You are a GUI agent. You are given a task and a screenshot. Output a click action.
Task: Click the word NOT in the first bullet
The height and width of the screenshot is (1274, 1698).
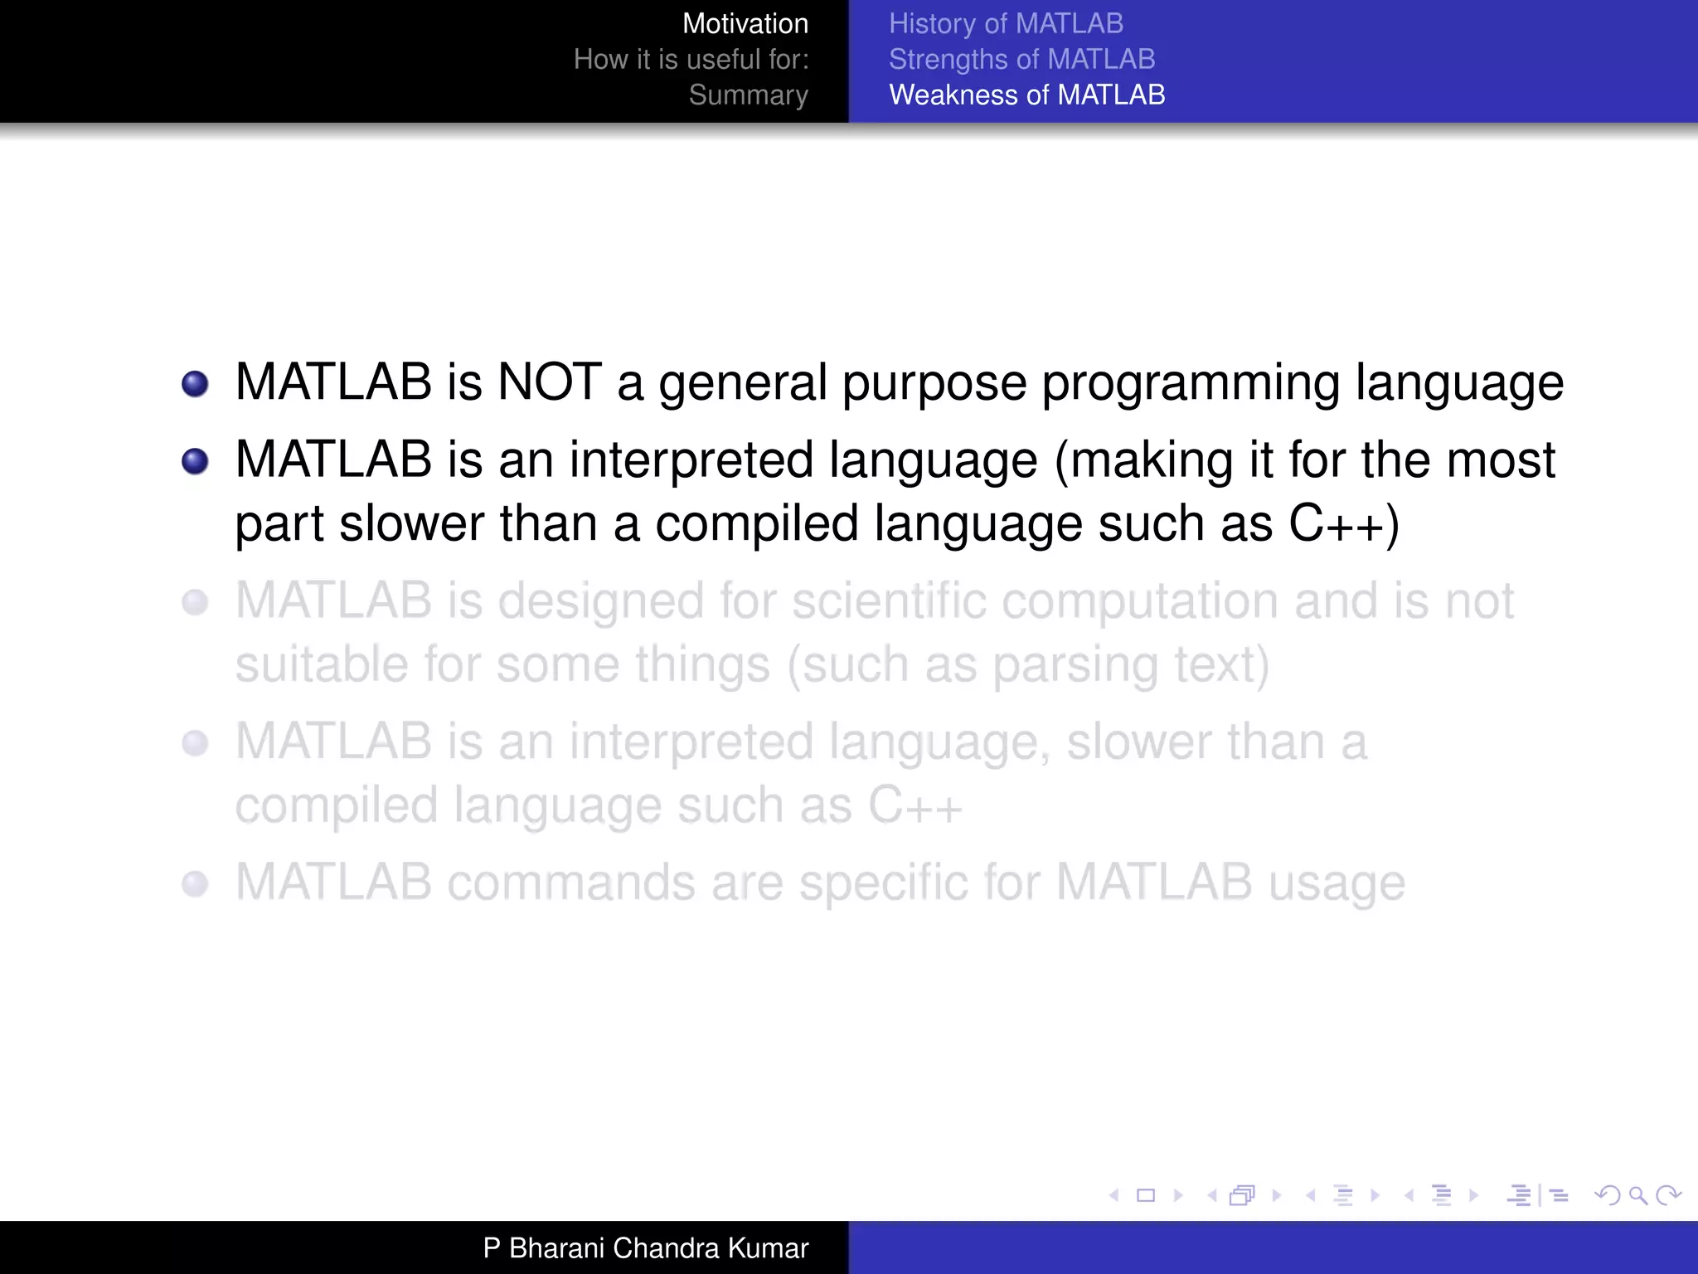pyautogui.click(x=549, y=382)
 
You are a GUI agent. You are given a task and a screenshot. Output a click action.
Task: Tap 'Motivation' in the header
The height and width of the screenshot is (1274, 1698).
pyautogui.click(x=745, y=24)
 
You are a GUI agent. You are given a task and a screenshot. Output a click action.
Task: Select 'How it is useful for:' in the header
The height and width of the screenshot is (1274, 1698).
pyautogui.click(x=691, y=60)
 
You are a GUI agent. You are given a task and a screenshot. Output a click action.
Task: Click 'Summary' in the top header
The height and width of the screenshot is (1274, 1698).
pyautogui.click(x=748, y=95)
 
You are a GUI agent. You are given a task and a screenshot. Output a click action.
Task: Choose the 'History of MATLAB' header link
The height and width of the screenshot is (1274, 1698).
pyautogui.click(x=1006, y=24)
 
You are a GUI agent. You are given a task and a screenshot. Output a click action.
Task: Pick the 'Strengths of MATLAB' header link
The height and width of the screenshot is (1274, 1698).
pyautogui.click(x=1021, y=60)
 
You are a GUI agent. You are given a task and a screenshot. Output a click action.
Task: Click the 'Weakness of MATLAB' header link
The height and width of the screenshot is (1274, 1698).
pyautogui.click(x=1026, y=95)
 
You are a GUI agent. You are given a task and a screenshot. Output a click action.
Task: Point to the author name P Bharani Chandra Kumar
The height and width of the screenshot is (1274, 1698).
pyautogui.click(x=645, y=1248)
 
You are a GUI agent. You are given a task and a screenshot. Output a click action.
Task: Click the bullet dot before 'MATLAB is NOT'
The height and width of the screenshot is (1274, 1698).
pyautogui.click(x=195, y=384)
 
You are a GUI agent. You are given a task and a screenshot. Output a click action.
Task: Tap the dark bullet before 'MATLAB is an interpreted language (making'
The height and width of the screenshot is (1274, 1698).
pyautogui.click(x=195, y=461)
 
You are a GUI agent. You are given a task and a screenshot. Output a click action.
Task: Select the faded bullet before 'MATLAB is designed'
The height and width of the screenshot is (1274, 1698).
pyautogui.click(x=195, y=602)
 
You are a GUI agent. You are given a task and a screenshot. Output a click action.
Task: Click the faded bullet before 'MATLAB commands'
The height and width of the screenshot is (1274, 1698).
pyautogui.click(x=195, y=884)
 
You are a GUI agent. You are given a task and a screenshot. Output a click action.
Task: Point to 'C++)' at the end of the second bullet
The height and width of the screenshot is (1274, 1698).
pyautogui.click(x=1343, y=524)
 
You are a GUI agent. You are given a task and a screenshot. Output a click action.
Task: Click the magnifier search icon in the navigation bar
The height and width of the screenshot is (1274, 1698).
pyautogui.click(x=1637, y=1195)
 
